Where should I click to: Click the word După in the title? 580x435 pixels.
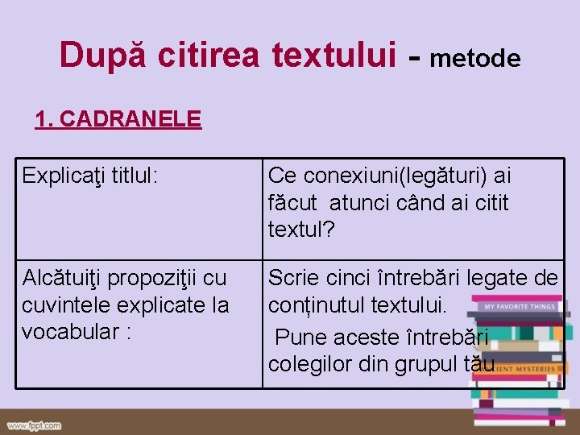click(104, 55)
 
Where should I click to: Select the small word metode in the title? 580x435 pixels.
click(475, 58)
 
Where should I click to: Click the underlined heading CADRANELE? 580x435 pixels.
click(130, 119)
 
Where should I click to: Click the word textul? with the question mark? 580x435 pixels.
click(301, 230)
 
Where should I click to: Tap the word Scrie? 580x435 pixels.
click(293, 279)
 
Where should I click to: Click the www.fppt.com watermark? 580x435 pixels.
click(35, 425)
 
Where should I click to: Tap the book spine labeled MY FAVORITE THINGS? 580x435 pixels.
click(518, 307)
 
